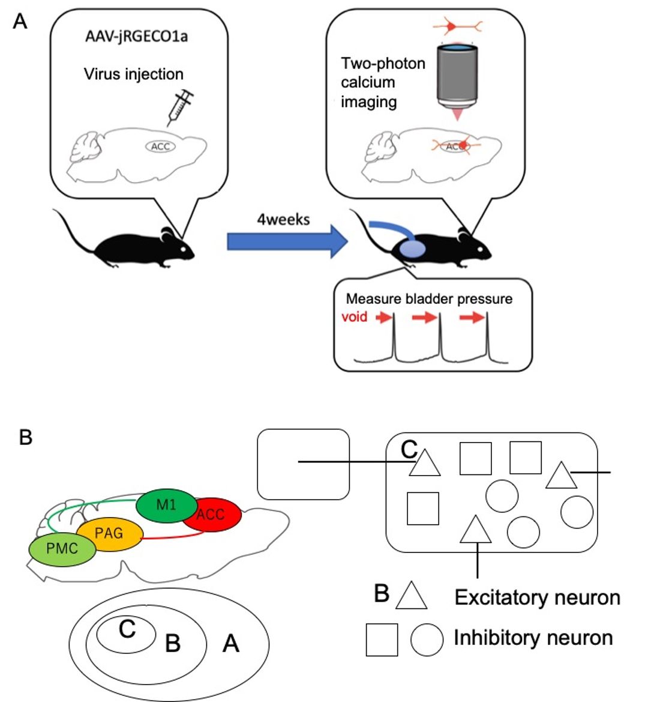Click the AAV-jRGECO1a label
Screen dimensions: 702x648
click(136, 36)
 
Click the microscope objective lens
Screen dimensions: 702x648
click(458, 74)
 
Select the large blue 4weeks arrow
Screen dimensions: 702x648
click(287, 242)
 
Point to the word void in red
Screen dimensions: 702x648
click(354, 316)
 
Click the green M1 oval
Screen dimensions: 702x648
click(167, 505)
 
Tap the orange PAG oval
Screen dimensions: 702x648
click(110, 533)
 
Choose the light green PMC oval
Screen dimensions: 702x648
click(62, 548)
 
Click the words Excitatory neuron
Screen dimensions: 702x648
click(537, 598)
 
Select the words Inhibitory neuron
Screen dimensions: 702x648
click(533, 638)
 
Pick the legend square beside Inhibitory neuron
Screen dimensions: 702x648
click(382, 640)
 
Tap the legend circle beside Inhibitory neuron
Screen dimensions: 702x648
click(427, 639)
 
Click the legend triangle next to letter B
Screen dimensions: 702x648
click(412, 596)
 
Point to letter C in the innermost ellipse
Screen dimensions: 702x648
click(127, 629)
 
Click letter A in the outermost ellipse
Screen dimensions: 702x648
click(231, 644)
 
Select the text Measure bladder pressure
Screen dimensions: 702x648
click(429, 299)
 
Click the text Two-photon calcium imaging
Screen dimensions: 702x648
click(383, 82)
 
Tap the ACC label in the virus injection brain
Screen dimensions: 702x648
click(160, 147)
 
